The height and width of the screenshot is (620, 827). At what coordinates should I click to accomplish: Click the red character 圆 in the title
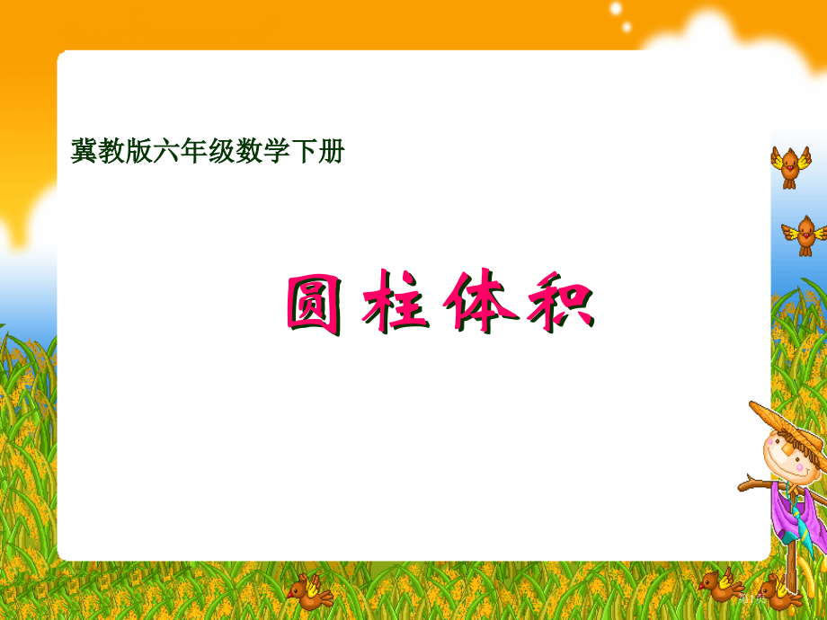[x=314, y=305]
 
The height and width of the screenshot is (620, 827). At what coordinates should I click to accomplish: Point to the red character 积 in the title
[x=561, y=302]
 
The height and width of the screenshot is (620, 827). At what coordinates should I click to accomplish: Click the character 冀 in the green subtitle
[x=84, y=151]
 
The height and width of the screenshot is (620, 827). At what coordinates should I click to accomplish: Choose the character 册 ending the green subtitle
[x=331, y=151]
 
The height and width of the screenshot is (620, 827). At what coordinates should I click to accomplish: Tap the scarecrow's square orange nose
[x=786, y=449]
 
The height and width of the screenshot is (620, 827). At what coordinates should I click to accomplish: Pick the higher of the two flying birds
[x=790, y=166]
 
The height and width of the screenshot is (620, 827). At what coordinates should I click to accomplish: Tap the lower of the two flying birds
[x=805, y=235]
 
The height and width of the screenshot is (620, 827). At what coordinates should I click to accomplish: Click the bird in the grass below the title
[x=309, y=592]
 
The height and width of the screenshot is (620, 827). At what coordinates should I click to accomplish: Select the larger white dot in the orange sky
[x=616, y=8]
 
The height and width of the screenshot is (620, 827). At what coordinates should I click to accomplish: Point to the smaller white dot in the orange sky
[x=627, y=26]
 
